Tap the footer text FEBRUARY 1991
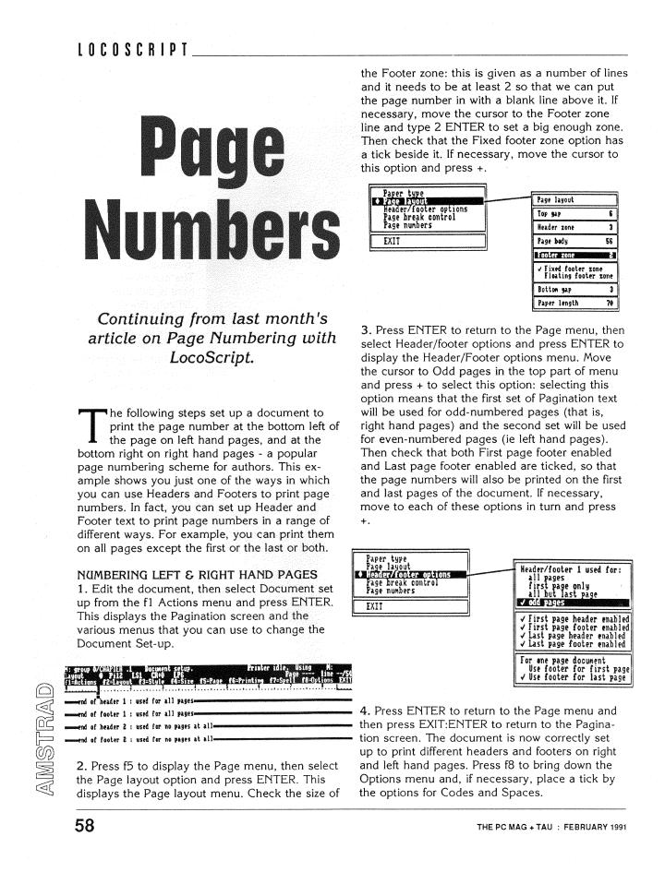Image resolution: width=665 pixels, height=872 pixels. [x=592, y=826]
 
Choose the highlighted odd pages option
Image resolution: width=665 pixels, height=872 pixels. [x=573, y=603]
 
